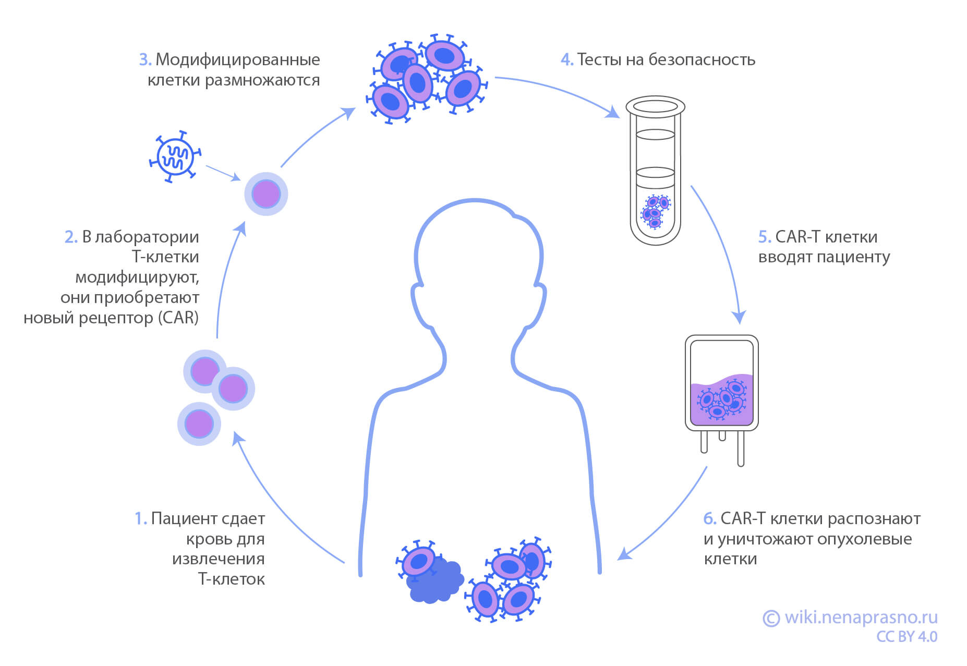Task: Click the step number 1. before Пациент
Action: [141, 519]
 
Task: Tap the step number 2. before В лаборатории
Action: [71, 237]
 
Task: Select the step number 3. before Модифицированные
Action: [146, 60]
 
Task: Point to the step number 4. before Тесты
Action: [567, 60]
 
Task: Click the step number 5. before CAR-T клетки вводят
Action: [765, 237]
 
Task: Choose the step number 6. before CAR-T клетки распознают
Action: [710, 519]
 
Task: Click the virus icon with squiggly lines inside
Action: [174, 156]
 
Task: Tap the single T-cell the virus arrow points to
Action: [266, 194]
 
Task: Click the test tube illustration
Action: [655, 172]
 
